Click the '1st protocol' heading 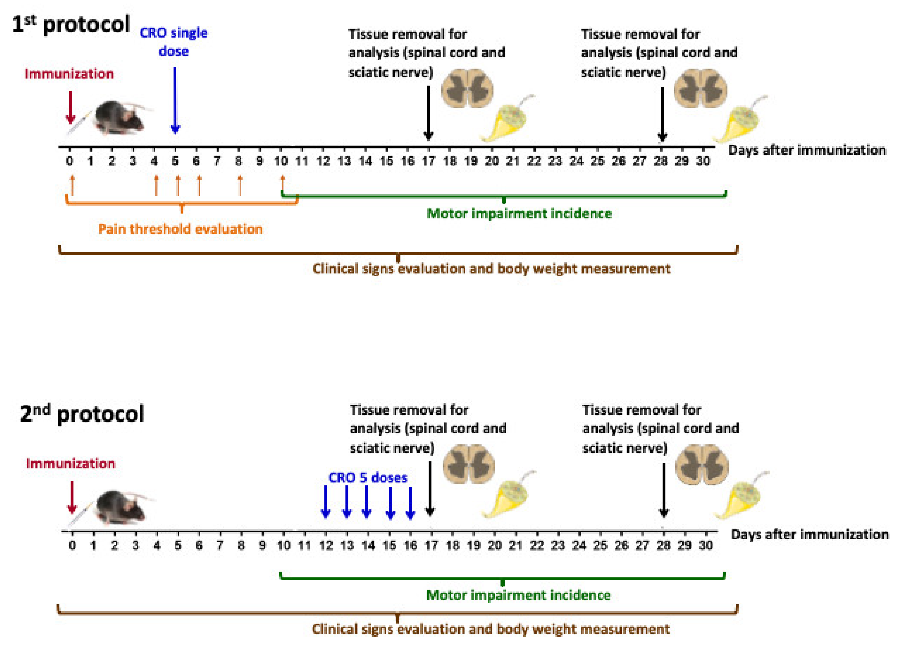[x=71, y=24]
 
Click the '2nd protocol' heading [x=82, y=414]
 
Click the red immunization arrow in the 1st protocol [x=71, y=107]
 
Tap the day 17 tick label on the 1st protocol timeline [x=428, y=161]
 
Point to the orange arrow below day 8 [x=240, y=185]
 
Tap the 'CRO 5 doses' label [x=368, y=478]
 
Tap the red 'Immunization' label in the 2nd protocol [x=71, y=463]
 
